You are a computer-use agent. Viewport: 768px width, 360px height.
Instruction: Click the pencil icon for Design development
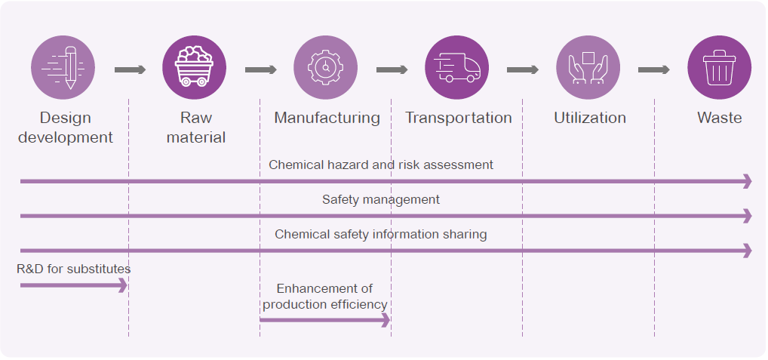click(x=63, y=68)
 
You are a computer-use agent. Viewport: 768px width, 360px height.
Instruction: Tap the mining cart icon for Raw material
click(x=195, y=68)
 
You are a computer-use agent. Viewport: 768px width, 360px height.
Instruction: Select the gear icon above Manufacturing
click(x=326, y=68)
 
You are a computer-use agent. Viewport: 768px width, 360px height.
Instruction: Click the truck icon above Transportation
click(x=457, y=68)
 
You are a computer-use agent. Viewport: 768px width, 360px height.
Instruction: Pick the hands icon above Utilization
click(x=588, y=68)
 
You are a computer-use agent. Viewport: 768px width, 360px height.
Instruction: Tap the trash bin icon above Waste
click(x=719, y=68)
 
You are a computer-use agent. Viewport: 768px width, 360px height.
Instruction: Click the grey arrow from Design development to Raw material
click(x=130, y=70)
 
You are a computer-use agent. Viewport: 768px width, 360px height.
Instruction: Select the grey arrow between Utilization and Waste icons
click(x=653, y=70)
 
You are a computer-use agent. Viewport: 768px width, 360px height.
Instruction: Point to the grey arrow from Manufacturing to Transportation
click(x=392, y=70)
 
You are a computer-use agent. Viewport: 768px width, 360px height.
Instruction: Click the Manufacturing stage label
click(x=327, y=118)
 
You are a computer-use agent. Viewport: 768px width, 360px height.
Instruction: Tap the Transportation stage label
click(x=458, y=118)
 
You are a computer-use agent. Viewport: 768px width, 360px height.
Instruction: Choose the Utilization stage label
click(x=589, y=118)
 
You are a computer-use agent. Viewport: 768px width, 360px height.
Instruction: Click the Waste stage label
click(x=719, y=118)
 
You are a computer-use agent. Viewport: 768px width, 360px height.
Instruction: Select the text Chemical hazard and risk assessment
click(x=381, y=165)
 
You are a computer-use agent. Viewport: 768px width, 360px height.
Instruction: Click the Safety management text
click(x=381, y=200)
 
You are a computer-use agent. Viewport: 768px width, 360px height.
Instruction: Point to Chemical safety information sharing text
click(x=381, y=235)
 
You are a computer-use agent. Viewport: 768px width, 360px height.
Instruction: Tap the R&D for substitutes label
click(x=74, y=269)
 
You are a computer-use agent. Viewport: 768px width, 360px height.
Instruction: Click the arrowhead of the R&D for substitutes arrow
click(x=123, y=285)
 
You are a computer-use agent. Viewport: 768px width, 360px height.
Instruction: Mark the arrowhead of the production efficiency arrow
click(x=386, y=320)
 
